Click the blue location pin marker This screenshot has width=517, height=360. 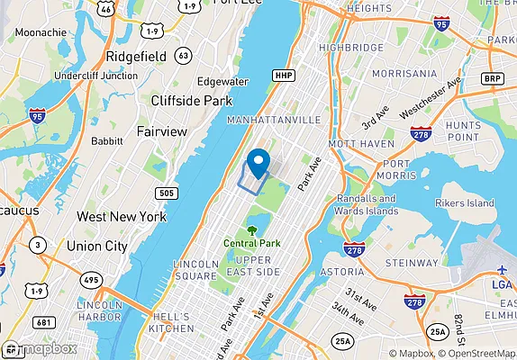[x=258, y=162]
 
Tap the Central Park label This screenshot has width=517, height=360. [x=253, y=243]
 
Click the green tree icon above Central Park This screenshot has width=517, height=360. [x=253, y=229]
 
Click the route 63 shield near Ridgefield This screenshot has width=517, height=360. [x=184, y=56]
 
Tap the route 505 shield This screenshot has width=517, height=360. [x=166, y=193]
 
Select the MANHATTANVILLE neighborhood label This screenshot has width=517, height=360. [x=274, y=119]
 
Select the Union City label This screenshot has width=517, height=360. [x=95, y=245]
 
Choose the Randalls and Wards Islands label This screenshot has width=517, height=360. [x=367, y=205]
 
